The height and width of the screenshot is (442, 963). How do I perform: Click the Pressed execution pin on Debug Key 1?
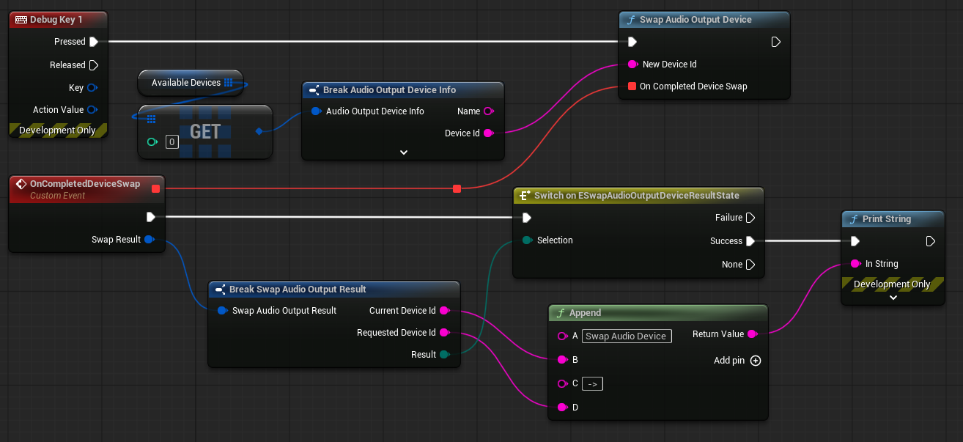pos(94,42)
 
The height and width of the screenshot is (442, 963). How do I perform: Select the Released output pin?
pos(94,65)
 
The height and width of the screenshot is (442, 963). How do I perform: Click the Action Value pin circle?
pos(92,110)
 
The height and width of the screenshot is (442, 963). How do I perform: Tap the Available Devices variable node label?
pos(185,83)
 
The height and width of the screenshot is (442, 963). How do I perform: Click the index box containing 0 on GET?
pos(172,142)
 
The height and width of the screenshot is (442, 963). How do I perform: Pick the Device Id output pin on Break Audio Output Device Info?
pos(489,133)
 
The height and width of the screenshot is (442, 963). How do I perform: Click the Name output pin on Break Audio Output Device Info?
pos(489,111)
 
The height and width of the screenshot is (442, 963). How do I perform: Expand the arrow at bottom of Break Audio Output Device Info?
pos(404,152)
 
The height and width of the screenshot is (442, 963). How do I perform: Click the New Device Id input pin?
pos(632,65)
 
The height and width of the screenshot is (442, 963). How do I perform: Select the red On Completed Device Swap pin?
pos(632,86)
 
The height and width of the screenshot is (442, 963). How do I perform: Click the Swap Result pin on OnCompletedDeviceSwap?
pos(150,240)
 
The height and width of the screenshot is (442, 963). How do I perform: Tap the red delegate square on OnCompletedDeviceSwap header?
pos(155,189)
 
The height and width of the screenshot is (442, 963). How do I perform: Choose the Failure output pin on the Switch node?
pos(750,218)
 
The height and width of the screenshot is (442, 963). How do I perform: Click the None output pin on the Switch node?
pos(750,265)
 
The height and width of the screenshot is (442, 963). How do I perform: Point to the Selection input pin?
pos(527,240)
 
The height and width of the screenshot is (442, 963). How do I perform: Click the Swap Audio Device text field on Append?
pos(627,336)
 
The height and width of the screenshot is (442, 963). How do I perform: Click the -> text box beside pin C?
pos(592,384)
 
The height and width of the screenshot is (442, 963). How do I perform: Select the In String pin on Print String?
pos(856,264)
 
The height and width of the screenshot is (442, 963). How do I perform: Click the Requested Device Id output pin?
pos(445,332)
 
